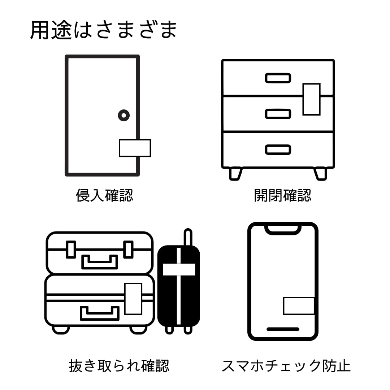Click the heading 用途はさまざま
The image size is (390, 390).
[103, 30]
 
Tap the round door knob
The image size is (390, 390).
[123, 116]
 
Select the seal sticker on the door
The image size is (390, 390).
[135, 148]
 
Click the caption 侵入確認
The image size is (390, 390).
[104, 195]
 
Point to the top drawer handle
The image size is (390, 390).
[278, 78]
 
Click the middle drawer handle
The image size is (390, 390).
[278, 114]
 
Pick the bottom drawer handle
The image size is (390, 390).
[278, 149]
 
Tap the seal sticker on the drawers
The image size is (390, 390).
[311, 99]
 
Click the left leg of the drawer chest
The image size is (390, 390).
[235, 174]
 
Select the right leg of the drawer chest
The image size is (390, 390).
[320, 174]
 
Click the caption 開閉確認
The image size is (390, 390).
[282, 195]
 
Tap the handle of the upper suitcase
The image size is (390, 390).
[100, 262]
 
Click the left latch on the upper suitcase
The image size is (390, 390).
[71, 249]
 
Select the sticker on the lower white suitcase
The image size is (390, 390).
[133, 299]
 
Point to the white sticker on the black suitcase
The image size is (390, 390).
[179, 269]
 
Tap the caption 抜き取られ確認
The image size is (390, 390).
[119, 366]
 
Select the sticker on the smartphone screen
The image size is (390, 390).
[299, 306]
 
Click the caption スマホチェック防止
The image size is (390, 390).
[286, 366]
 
